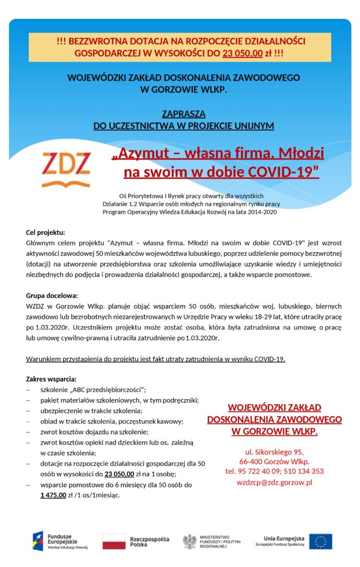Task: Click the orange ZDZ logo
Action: (x=66, y=164)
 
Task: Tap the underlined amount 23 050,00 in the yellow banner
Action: (x=243, y=54)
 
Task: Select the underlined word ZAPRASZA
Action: (x=183, y=114)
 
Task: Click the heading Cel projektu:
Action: (x=45, y=232)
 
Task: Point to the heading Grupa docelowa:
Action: (x=52, y=295)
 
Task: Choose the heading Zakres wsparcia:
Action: (x=51, y=379)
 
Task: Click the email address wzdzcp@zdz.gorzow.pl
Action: (x=274, y=482)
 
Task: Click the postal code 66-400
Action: (x=250, y=461)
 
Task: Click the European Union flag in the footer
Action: (x=321, y=541)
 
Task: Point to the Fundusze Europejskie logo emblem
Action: (x=38, y=541)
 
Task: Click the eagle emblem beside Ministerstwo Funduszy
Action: (x=190, y=541)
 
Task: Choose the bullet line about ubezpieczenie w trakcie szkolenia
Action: (x=91, y=410)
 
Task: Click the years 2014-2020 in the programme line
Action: (x=263, y=212)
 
